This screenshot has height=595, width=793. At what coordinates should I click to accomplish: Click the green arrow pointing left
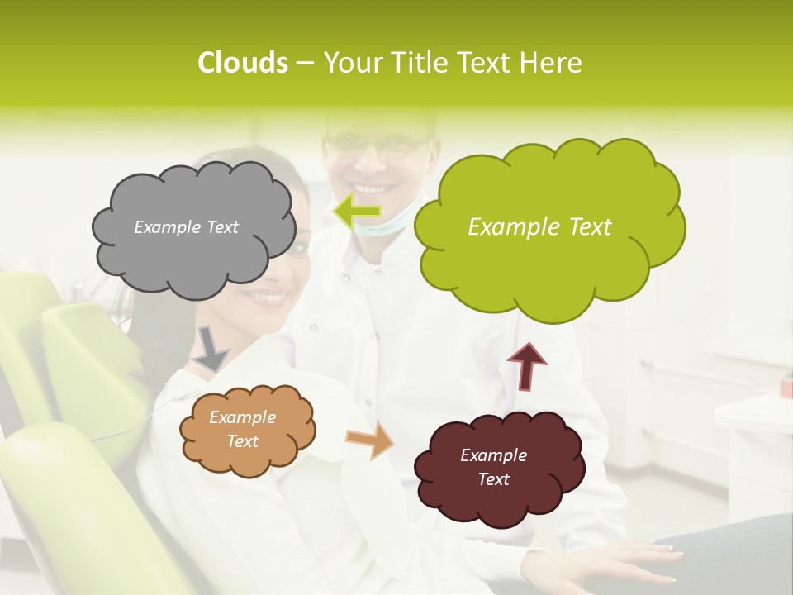click(x=357, y=212)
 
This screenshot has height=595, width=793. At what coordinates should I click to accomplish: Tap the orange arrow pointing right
click(x=370, y=440)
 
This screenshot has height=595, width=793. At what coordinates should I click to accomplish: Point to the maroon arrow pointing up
click(x=526, y=366)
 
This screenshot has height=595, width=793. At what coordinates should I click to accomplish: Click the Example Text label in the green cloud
click(x=539, y=227)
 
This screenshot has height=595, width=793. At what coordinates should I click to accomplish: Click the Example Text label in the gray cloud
click(x=186, y=227)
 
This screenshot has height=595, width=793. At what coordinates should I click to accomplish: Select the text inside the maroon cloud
click(x=493, y=467)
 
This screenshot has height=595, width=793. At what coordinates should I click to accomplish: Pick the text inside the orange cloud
click(x=242, y=430)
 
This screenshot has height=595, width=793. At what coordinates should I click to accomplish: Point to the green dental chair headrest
click(x=87, y=347)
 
